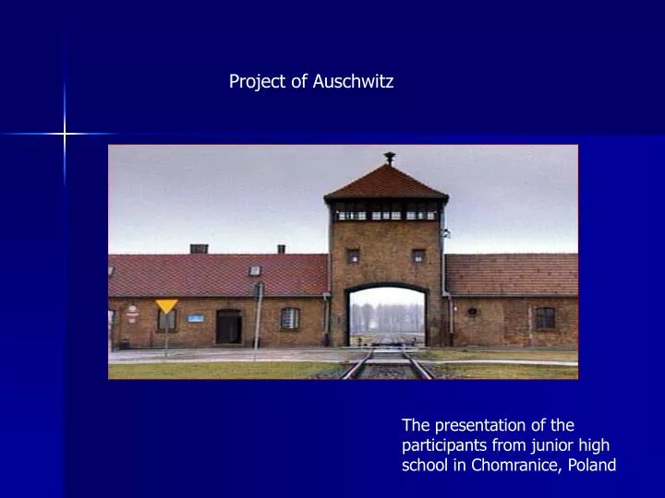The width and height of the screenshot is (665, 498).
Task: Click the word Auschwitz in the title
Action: [353, 82]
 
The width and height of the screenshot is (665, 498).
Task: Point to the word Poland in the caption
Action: [591, 465]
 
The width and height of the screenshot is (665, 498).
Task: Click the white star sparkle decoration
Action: [65, 135]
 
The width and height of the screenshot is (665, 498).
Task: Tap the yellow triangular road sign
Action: [166, 306]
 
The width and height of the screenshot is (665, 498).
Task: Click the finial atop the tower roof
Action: [389, 158]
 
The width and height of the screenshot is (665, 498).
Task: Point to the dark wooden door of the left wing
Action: [228, 326]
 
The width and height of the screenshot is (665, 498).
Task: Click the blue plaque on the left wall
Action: [196, 318]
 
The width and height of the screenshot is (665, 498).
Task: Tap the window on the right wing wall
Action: [545, 318]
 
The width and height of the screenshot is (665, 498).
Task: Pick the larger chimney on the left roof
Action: [199, 248]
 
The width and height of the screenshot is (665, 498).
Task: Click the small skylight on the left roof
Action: [255, 270]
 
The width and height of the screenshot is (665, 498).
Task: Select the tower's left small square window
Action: [353, 255]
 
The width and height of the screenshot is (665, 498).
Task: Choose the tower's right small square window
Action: [418, 255]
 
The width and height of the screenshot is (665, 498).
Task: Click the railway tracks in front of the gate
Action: [387, 366]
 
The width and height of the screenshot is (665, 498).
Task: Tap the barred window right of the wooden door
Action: [290, 318]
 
